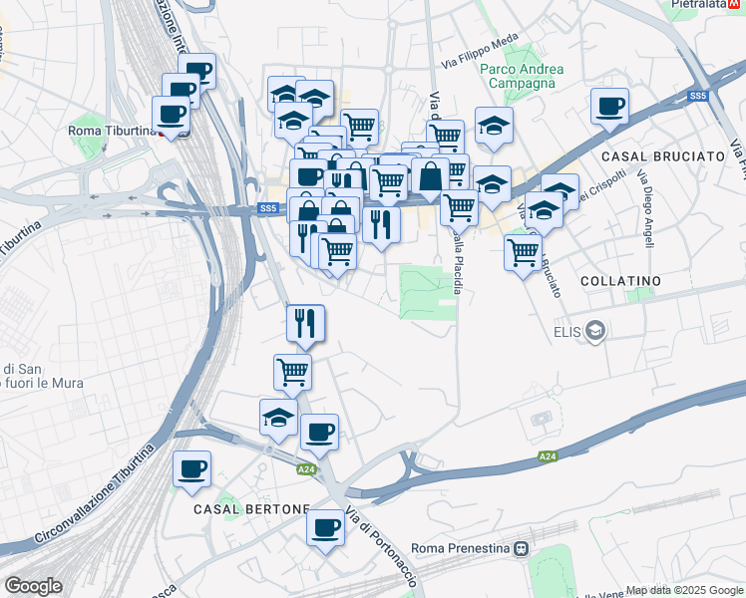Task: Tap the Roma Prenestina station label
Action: (x=461, y=548)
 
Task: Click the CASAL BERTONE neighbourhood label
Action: (x=250, y=508)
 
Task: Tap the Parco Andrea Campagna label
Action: (x=522, y=76)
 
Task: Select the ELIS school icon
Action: (x=595, y=331)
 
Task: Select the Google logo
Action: (x=34, y=586)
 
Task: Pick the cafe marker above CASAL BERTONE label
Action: (x=191, y=468)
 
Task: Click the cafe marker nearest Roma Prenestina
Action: (x=325, y=527)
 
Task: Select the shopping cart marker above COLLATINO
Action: (x=523, y=252)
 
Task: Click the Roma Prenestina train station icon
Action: (x=521, y=548)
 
